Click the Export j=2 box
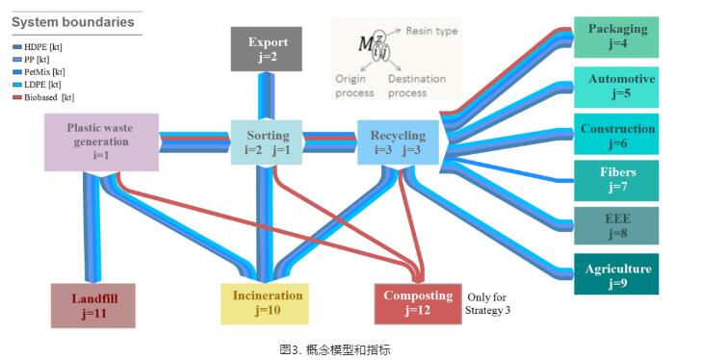point(267,49)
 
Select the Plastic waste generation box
point(101,141)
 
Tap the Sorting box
point(267,142)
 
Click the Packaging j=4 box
point(616,37)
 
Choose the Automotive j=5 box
point(616,87)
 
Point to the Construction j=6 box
point(616,136)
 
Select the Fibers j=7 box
point(616,180)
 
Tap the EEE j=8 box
point(616,225)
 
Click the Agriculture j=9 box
point(616,275)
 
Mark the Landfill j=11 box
point(93,304)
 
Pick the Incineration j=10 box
point(267,303)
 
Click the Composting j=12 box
point(417,303)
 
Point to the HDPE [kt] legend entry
point(39,47)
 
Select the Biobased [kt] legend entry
point(44,97)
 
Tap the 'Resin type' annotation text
point(430,32)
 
